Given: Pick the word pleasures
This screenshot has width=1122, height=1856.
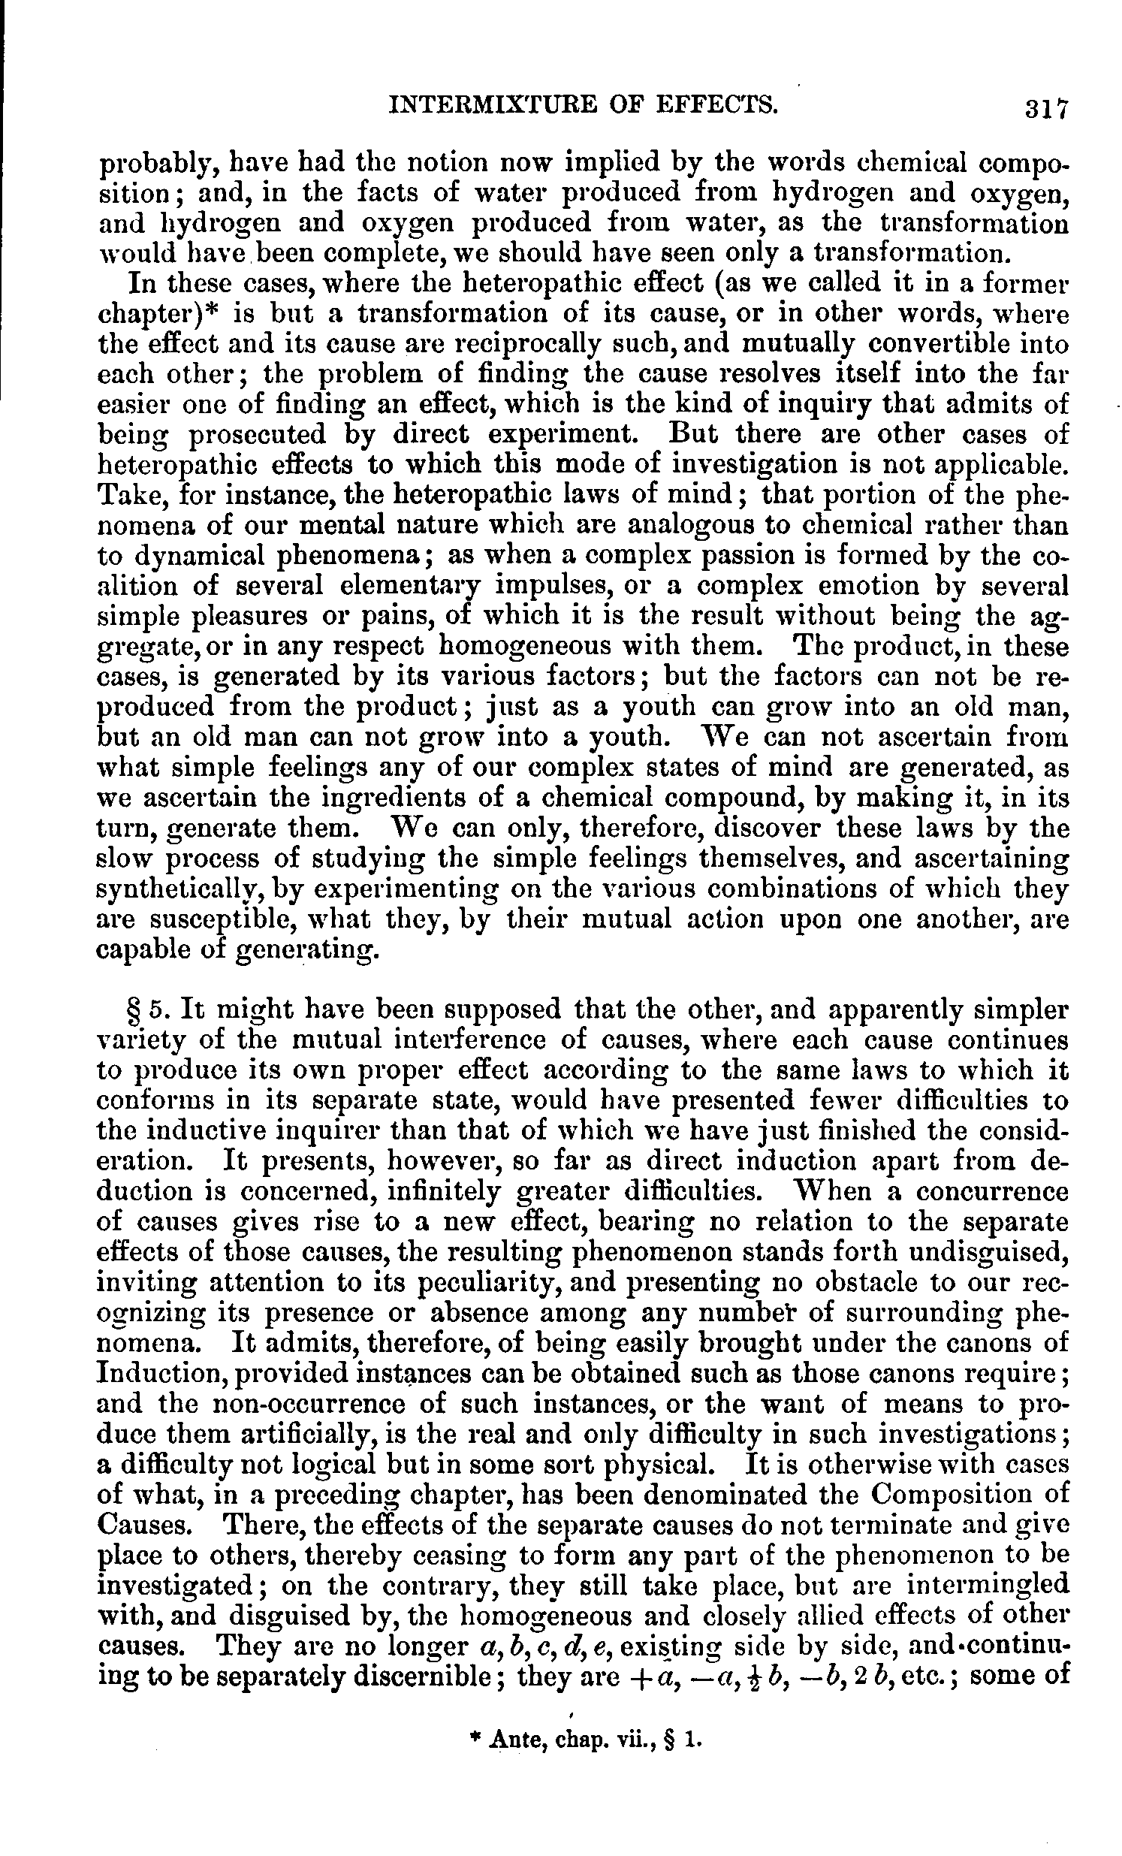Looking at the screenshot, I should pos(241,617).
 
